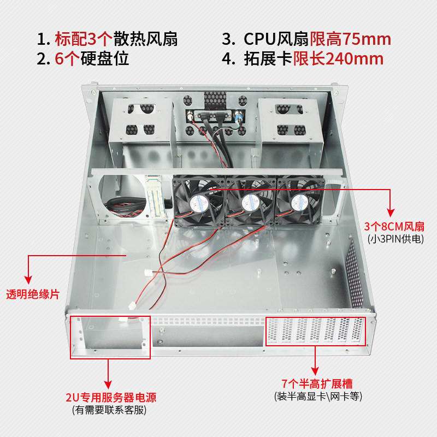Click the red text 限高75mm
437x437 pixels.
(x=351, y=39)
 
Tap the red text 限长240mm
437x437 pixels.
(x=338, y=59)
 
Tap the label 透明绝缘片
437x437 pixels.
(x=32, y=294)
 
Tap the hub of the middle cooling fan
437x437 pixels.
(x=250, y=202)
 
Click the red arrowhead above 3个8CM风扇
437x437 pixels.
(x=391, y=211)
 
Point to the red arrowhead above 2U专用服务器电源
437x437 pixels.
(x=110, y=383)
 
